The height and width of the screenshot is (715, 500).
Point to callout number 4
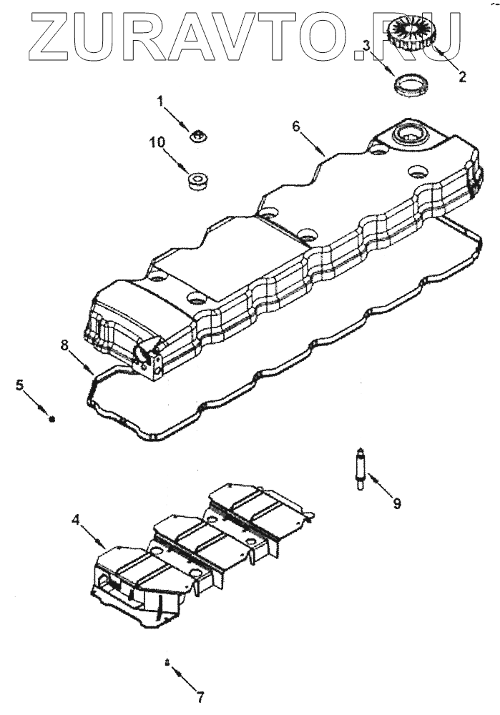coord(76,520)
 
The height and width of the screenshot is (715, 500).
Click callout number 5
coord(21,385)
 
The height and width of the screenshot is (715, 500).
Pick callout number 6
coord(295,126)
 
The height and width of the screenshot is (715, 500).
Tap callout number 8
coord(64,345)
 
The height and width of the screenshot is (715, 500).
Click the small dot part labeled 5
coord(52,419)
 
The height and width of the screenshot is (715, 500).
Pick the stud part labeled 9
coord(362,468)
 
